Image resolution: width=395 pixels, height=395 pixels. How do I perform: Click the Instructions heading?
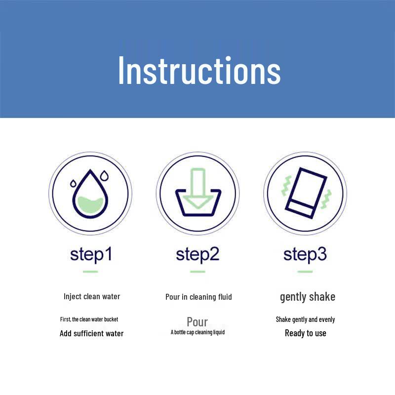199,71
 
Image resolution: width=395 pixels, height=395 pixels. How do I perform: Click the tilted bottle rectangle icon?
306,193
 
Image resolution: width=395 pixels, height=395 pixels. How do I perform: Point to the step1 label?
91,255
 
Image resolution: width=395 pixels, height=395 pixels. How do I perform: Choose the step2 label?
197,255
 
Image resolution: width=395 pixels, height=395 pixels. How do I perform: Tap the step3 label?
305,255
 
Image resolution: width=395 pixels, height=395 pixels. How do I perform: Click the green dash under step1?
90,272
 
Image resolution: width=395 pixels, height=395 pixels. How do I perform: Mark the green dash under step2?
198,272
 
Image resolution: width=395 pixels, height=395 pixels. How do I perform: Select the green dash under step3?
305,272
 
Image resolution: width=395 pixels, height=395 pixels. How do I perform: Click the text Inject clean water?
92,297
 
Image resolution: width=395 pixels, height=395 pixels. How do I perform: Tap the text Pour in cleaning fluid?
198,297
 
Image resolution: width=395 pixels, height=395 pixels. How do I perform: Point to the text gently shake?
308,297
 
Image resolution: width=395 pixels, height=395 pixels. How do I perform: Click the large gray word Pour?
197,322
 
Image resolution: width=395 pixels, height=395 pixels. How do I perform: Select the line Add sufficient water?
92,333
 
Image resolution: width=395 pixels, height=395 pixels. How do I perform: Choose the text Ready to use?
306,333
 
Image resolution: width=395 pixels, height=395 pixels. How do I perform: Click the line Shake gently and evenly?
305,319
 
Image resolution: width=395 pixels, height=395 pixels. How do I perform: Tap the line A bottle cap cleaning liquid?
198,332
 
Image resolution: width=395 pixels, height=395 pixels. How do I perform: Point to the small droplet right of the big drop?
104,176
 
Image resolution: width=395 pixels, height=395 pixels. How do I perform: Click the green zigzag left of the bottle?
286,186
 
